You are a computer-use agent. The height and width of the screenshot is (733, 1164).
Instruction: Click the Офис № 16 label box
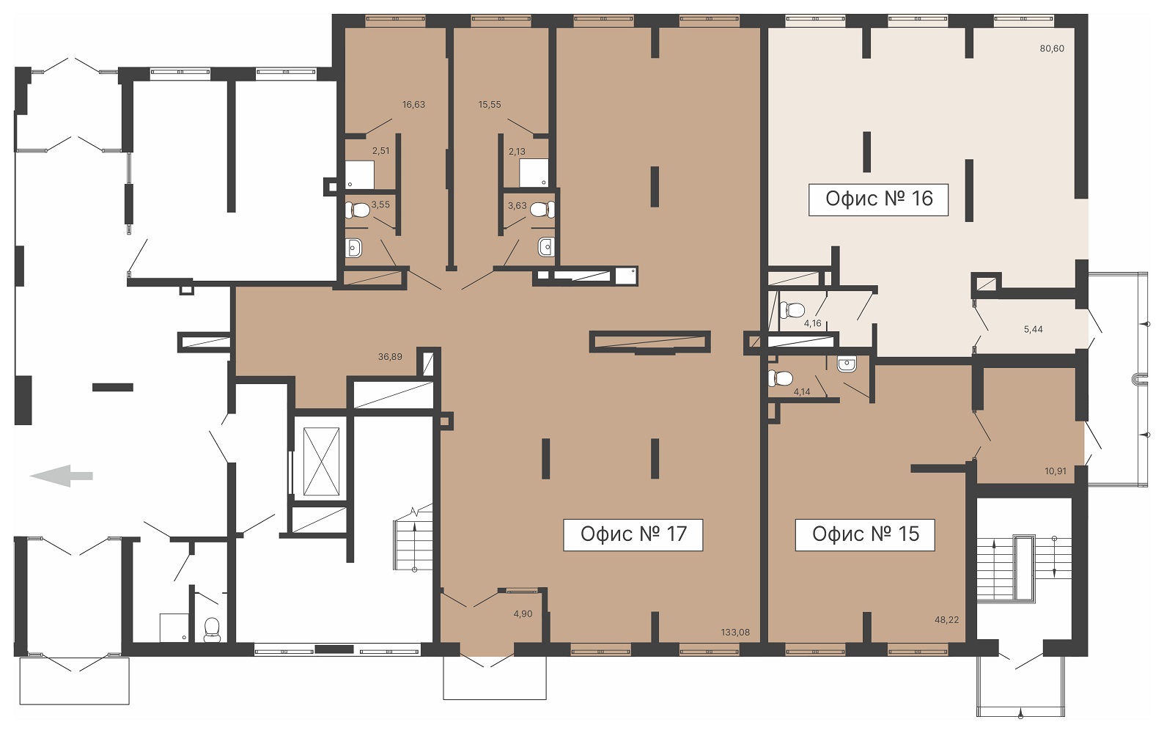878,199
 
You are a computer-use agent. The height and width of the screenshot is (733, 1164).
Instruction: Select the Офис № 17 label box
633,534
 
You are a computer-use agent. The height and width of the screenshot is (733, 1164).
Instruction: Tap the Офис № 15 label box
865,534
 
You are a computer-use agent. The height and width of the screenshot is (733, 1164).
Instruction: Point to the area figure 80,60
1052,49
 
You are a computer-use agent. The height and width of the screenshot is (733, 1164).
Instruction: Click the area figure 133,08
735,633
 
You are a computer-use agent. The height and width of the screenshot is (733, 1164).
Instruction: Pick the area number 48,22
946,619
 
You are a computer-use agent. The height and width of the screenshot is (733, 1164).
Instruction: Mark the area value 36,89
390,357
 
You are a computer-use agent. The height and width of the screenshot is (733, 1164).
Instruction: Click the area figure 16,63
413,105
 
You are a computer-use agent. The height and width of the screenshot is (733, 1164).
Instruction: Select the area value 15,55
490,105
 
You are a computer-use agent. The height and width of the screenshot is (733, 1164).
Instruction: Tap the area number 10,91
1056,471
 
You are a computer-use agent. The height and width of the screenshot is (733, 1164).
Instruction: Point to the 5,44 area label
1033,329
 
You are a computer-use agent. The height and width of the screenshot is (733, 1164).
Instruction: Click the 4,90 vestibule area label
523,614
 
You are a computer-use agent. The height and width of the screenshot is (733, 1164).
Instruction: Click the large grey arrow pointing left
62,476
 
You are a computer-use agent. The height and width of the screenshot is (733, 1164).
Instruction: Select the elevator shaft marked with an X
321,461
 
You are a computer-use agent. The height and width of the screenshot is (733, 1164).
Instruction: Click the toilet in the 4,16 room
792,310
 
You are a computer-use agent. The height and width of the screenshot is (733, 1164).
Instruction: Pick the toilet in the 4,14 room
780,378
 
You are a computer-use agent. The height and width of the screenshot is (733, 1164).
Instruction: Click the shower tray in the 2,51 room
360,175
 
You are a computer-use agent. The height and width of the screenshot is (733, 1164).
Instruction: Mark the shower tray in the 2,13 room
534,172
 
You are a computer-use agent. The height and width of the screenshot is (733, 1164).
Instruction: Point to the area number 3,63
517,206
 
